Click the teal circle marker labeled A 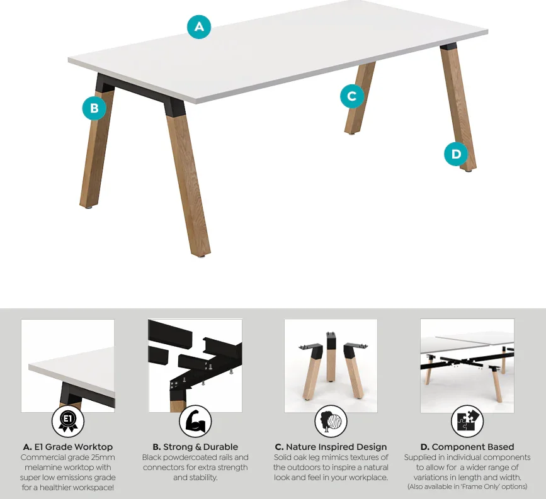(x=199, y=27)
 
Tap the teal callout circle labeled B (x=94, y=108)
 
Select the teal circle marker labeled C (x=352, y=96)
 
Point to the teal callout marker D (x=456, y=154)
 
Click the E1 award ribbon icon (x=68, y=421)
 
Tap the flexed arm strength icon (x=195, y=421)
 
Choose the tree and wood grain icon (x=331, y=421)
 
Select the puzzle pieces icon (x=467, y=421)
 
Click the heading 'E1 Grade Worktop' (x=74, y=447)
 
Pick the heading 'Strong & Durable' (x=200, y=447)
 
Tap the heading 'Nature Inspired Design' (x=336, y=447)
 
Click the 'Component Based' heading (x=473, y=447)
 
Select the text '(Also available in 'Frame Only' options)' (x=467, y=486)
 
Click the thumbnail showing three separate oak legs (x=331, y=366)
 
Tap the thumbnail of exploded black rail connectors (x=195, y=366)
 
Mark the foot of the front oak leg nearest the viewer (x=200, y=255)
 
